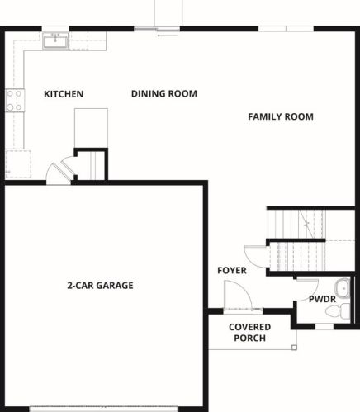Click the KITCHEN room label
64,94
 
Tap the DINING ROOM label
164,94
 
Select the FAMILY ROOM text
281,116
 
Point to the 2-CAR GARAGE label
100,286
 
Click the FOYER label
232,271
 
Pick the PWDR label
322,299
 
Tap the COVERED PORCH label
250,333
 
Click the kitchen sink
55,41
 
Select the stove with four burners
15,100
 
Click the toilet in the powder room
338,311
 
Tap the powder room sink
342,288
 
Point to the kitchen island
91,128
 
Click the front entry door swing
238,296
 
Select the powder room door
306,290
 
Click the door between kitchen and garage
59,173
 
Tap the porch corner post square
294,348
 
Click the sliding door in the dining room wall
157,29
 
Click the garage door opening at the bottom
104,409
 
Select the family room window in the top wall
287,29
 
